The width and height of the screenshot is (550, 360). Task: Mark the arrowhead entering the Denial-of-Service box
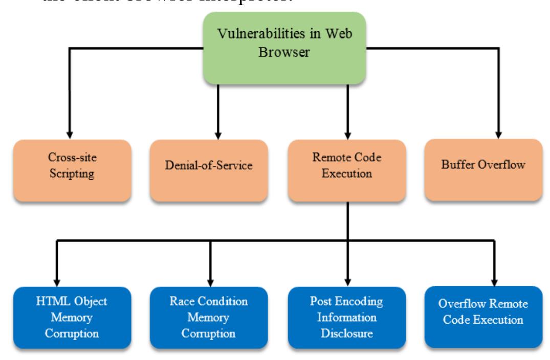click(219, 132)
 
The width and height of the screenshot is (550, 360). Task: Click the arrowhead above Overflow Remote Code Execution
click(494, 279)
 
